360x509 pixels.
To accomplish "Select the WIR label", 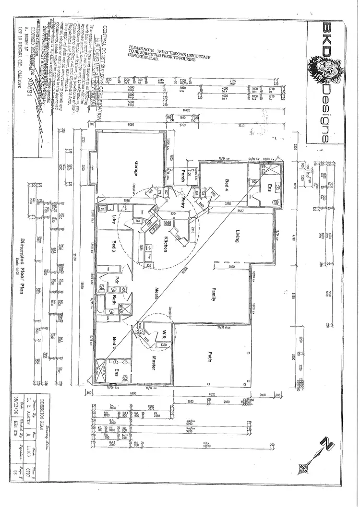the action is tap(164, 332).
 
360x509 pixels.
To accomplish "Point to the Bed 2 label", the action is tap(114, 344).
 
